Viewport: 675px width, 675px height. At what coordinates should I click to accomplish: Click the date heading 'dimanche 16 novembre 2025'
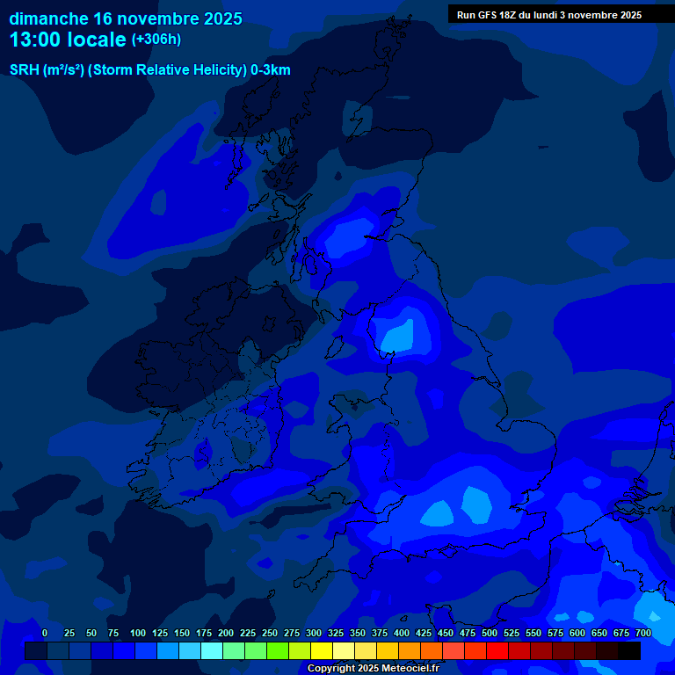point(126,18)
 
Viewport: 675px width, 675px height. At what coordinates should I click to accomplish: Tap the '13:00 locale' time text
point(68,40)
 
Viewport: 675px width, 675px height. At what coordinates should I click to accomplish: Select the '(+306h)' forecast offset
point(156,40)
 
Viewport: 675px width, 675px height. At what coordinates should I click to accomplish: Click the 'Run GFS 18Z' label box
point(549,15)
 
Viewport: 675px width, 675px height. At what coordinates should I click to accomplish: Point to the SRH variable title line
point(149,70)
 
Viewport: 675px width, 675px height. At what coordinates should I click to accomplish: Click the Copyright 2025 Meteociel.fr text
point(373,668)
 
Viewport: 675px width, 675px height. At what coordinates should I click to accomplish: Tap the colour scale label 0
point(45,633)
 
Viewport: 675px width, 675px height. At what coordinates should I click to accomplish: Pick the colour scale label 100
point(138,633)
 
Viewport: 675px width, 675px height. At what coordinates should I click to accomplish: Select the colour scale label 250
point(270,633)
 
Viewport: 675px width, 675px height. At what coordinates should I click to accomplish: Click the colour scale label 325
point(336,633)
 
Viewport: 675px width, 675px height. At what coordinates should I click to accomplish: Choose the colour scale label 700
point(643,633)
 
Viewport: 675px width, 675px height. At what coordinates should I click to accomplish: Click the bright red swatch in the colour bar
point(497,650)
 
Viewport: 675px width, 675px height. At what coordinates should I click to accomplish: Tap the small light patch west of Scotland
point(158,202)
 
